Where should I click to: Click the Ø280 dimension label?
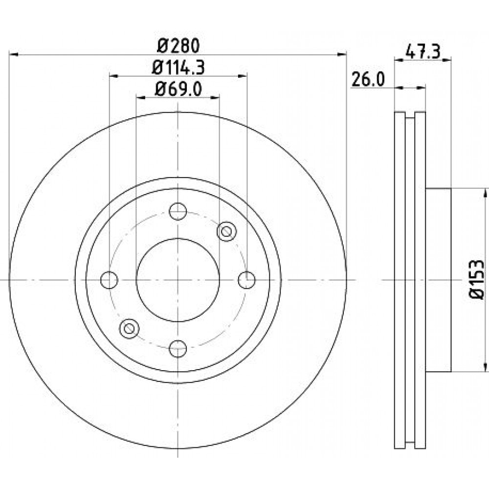178,46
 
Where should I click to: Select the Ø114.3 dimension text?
178,67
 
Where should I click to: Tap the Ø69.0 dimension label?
178,89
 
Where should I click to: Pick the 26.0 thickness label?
368,80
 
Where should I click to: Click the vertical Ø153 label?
477,280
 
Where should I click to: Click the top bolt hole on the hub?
178,211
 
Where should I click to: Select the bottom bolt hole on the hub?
178,349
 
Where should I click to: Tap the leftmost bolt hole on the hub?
109,280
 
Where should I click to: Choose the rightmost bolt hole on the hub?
246,280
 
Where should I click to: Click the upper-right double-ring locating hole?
226,231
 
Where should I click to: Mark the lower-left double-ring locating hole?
129,329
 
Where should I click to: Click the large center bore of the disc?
178,280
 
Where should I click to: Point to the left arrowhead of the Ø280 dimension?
14,55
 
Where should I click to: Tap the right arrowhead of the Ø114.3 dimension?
243,76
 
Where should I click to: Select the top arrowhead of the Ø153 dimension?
485,193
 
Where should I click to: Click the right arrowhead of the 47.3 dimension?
447,60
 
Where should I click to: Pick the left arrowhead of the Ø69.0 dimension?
141,97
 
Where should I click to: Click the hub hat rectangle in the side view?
439,280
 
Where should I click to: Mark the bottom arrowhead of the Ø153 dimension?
485,367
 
